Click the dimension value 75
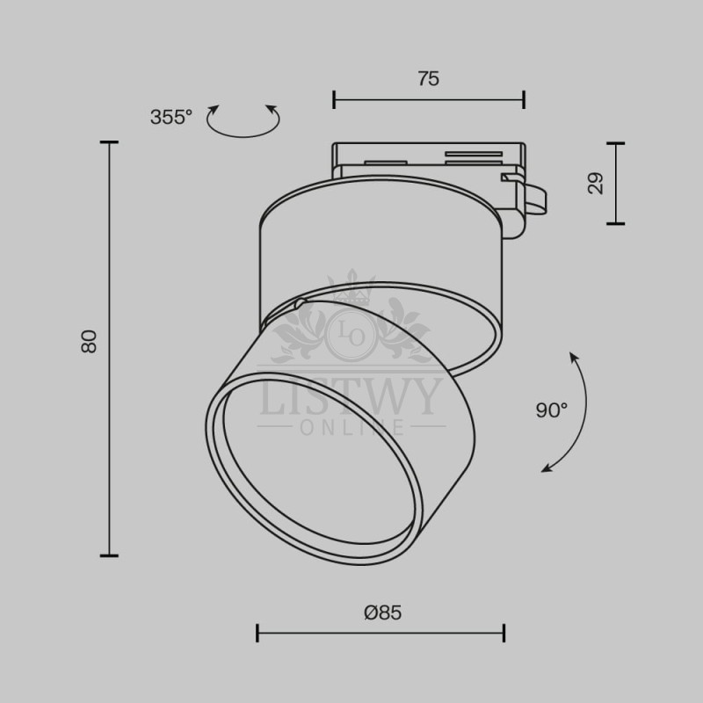click(x=429, y=79)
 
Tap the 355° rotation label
click(x=170, y=117)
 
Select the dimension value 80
click(x=90, y=341)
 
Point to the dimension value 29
click(x=596, y=183)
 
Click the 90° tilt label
click(x=552, y=409)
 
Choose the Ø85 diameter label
click(x=382, y=612)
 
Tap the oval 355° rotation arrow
click(x=243, y=136)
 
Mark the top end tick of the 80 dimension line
click(x=109, y=142)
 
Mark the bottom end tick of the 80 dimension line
click(x=109, y=555)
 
